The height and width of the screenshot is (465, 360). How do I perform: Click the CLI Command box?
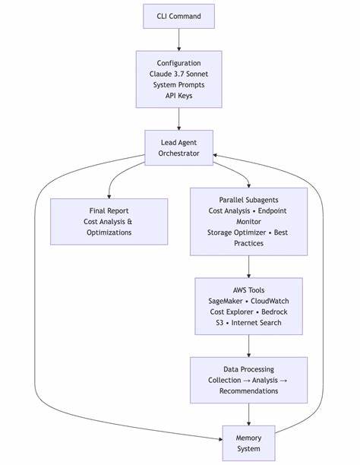pyautogui.click(x=179, y=16)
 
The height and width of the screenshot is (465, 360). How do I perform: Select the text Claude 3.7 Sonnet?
pyautogui.click(x=179, y=73)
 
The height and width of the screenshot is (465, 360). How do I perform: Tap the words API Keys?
pyautogui.click(x=179, y=96)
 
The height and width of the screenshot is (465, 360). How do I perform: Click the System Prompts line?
pyautogui.click(x=179, y=84)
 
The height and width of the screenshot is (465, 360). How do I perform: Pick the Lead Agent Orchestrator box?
pyautogui.click(x=179, y=147)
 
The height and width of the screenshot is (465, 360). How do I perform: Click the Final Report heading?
pyautogui.click(x=109, y=210)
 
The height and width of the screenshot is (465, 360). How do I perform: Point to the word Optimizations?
pyautogui.click(x=109, y=232)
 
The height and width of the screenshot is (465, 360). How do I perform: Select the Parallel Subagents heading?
pyautogui.click(x=248, y=198)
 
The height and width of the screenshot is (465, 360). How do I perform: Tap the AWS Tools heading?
pyautogui.click(x=248, y=289)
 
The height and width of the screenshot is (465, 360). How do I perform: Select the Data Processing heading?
pyautogui.click(x=248, y=369)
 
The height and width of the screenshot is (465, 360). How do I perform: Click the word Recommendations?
pyautogui.click(x=248, y=391)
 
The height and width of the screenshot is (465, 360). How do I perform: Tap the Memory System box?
pyautogui.click(x=248, y=442)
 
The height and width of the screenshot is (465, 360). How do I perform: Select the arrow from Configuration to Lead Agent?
pyautogui.click(x=179, y=119)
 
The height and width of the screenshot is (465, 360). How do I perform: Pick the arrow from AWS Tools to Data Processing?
pyautogui.click(x=248, y=346)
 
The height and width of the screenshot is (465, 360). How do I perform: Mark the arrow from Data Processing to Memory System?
pyautogui.click(x=248, y=414)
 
